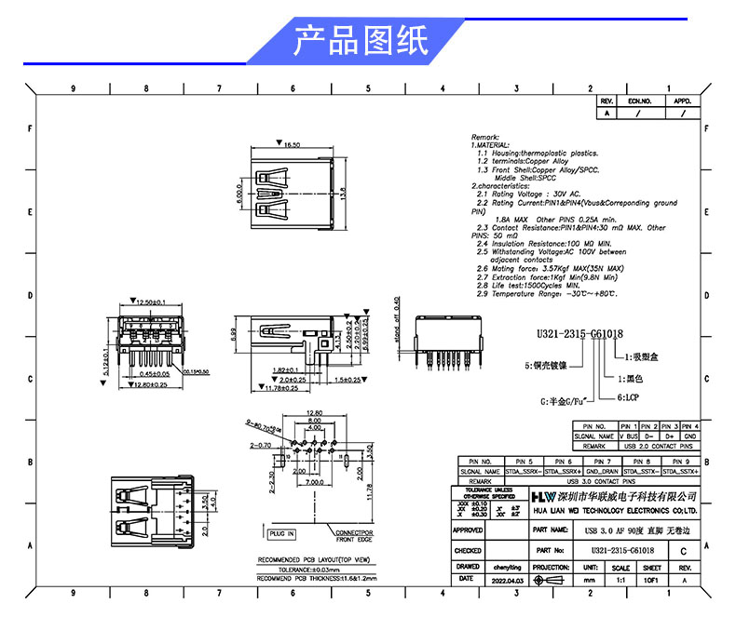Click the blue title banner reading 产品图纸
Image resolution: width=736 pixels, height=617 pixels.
pyautogui.click(x=361, y=42)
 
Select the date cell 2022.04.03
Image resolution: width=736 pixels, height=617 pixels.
pyautogui.click(x=509, y=580)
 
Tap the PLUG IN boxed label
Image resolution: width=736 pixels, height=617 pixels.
pyautogui.click(x=281, y=534)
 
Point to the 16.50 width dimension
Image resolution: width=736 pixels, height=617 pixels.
pyautogui.click(x=292, y=145)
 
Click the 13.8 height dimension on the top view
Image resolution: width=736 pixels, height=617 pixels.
pyautogui.click(x=343, y=195)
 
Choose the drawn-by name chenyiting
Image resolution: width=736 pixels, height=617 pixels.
pyautogui.click(x=509, y=566)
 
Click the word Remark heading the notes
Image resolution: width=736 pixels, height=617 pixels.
pyautogui.click(x=485, y=137)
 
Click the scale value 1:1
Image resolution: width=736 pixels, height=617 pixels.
pyautogui.click(x=620, y=580)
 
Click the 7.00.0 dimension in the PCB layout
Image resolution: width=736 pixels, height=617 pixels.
pyautogui.click(x=313, y=482)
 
